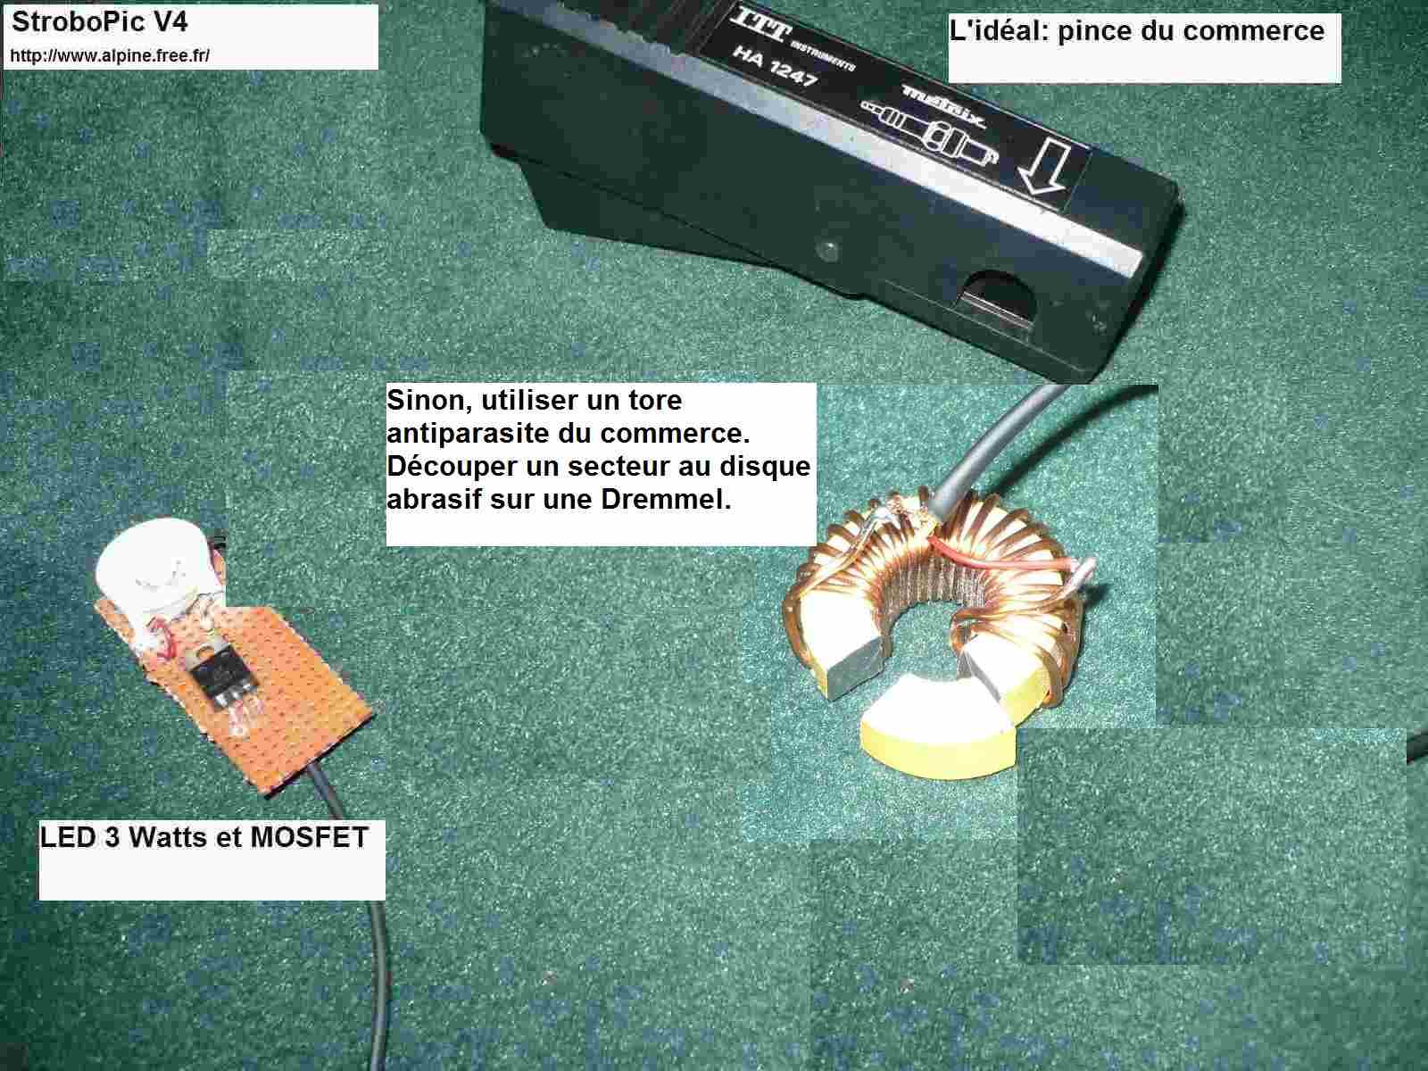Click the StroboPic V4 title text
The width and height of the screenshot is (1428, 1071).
coord(100,23)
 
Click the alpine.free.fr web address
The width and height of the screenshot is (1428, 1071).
coord(110,56)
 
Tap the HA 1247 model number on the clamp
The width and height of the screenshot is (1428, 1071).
coord(775,66)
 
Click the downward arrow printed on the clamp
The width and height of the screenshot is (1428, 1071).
coord(1045,169)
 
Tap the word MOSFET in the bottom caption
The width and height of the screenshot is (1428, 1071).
coord(310,837)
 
